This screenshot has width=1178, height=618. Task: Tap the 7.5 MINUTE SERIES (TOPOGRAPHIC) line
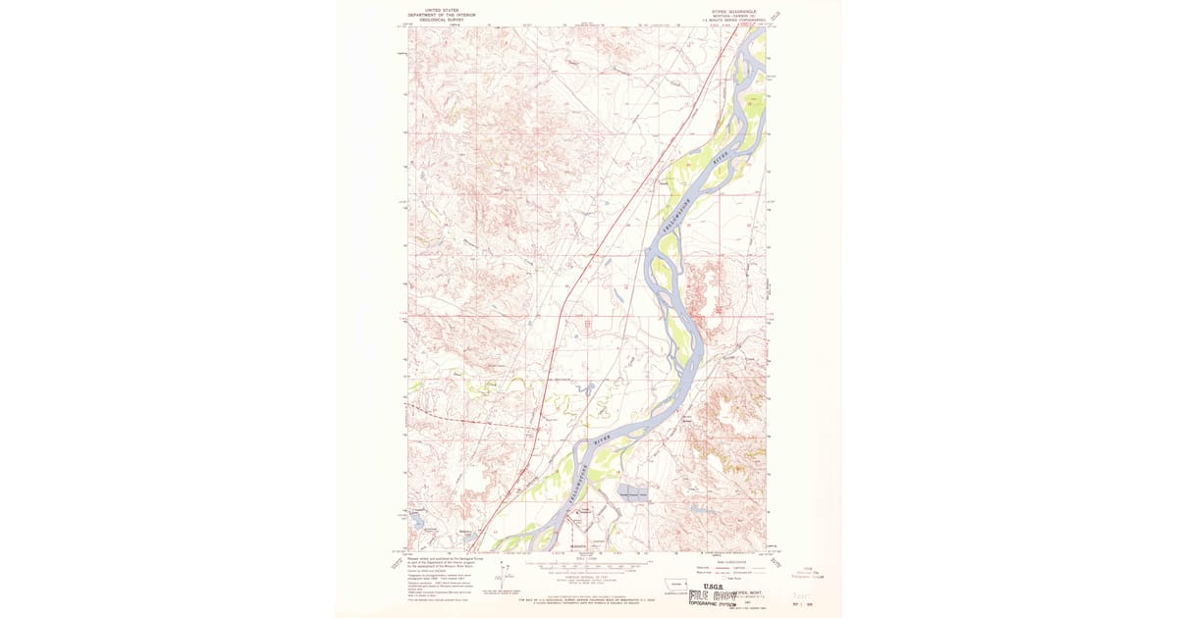tap(731, 21)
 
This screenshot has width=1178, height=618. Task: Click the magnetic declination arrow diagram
tap(507, 576)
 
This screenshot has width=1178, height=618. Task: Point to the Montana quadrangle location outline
tap(674, 582)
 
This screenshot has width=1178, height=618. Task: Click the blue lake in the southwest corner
tap(420, 522)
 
